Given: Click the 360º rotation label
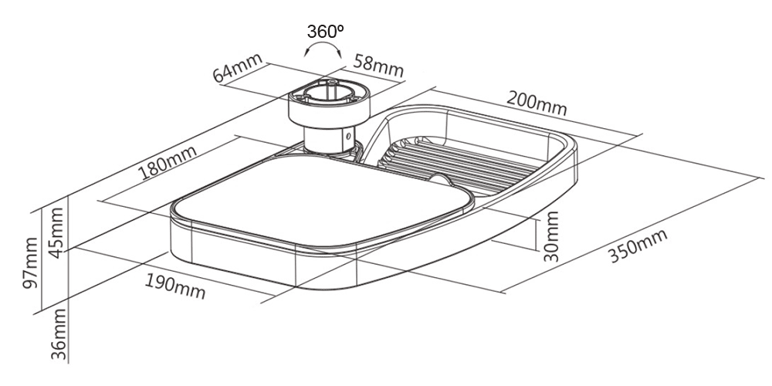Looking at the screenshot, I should (325, 32).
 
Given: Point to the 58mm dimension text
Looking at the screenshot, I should (378, 66).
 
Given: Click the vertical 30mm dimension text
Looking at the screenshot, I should (550, 236).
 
